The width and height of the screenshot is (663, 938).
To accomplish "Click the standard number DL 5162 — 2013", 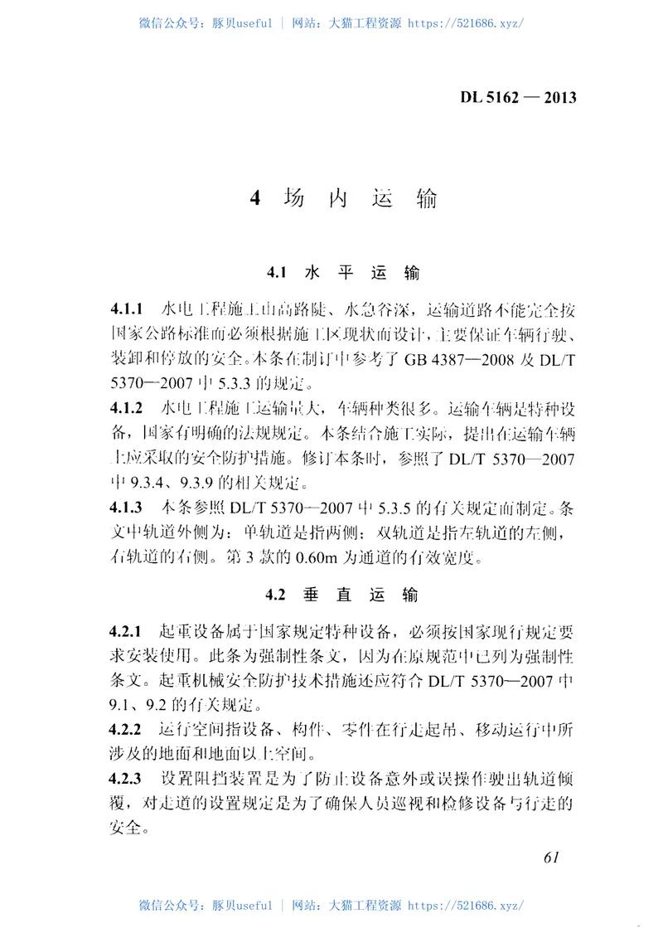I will coord(518,97).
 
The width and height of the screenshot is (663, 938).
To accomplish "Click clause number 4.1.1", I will coord(127,310).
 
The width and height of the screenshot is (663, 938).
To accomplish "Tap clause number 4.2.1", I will coord(127,633).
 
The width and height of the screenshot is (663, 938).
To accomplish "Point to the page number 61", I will coord(553,858).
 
